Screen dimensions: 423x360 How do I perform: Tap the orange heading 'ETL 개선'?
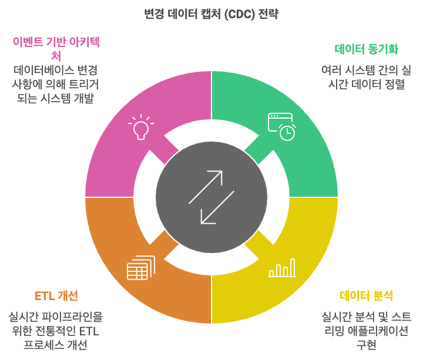(56, 295)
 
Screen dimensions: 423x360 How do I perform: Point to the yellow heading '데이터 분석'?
(366, 295)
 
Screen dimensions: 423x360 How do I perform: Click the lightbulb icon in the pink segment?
(140, 128)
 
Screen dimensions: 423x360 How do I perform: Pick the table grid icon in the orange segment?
(140, 268)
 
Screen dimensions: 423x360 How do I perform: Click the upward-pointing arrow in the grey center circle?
(206, 187)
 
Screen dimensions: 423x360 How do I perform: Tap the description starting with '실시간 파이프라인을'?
(56, 331)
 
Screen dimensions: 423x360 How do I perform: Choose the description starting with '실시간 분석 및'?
(366, 331)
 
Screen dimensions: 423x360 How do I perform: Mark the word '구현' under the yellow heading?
(366, 345)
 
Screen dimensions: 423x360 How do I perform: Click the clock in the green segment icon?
(287, 133)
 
